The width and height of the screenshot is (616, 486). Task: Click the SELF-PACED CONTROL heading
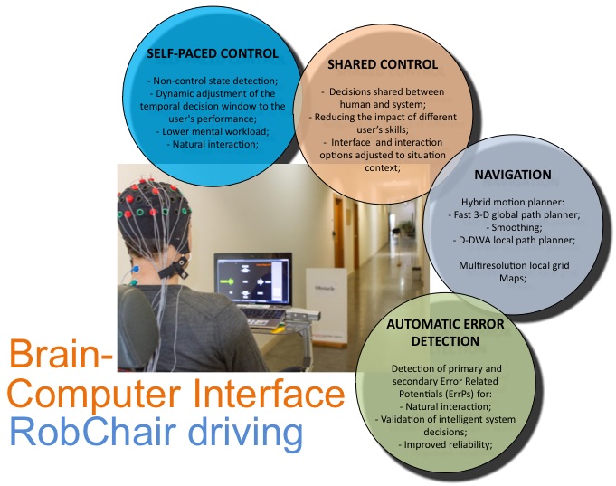pos(213,53)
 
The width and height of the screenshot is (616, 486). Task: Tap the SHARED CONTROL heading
pos(383,64)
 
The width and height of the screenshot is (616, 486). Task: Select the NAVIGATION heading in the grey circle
pos(513,175)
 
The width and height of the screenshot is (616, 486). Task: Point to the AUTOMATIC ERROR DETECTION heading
pos(445,332)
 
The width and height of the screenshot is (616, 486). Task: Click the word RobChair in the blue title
pos(92,432)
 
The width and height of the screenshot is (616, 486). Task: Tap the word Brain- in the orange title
pos(61,354)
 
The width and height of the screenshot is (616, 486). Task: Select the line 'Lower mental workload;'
pos(213,131)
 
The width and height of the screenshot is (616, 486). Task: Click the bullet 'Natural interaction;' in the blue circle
pos(213,144)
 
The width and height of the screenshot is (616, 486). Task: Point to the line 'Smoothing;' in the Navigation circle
pos(514,227)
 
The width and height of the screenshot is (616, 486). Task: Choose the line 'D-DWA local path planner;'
pos(514,240)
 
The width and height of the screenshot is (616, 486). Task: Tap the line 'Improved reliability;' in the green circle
pos(446,444)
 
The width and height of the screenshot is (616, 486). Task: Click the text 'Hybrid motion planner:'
pos(513,202)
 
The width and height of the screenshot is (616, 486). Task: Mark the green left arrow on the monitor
pos(227,281)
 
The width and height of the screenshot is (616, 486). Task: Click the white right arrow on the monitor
pos(261,281)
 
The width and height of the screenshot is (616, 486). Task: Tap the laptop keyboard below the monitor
pos(262,314)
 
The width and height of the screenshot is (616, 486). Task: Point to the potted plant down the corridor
pos(404,228)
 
